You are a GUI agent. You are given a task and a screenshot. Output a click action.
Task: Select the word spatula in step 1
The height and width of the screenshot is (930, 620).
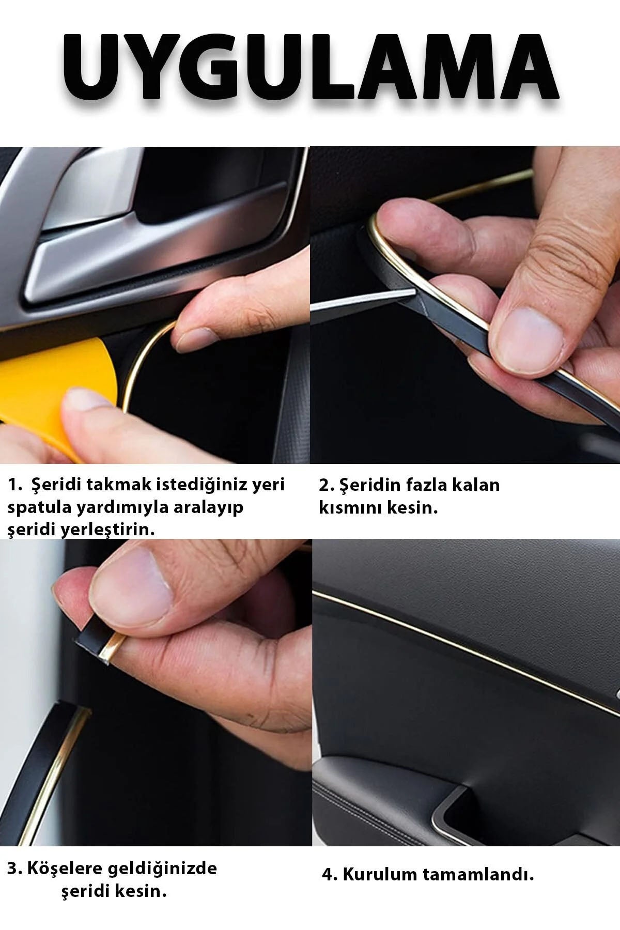click(x=40, y=508)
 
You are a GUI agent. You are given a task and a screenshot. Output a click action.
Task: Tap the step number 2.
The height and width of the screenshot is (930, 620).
click(x=325, y=485)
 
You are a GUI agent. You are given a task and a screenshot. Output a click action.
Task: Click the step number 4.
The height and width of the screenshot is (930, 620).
click(x=329, y=875)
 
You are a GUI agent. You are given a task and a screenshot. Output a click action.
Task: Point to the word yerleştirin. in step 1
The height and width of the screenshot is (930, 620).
click(x=108, y=530)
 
